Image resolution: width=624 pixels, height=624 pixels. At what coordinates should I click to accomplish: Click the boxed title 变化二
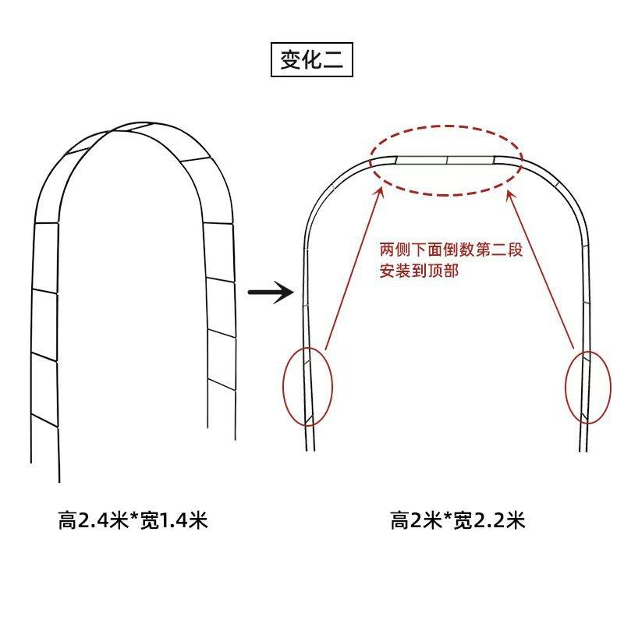pos(312,61)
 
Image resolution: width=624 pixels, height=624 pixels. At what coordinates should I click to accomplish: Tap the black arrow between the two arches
pos(269,293)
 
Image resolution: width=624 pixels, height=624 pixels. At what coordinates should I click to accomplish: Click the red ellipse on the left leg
pos(307,387)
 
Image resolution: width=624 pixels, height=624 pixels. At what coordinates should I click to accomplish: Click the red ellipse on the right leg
pos(585,387)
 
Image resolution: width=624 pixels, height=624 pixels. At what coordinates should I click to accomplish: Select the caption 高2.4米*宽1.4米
pos(133,520)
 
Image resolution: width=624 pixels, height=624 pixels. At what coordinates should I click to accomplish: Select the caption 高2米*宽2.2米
pos(458,520)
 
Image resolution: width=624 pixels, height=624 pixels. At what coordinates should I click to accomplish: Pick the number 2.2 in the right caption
pos(490,520)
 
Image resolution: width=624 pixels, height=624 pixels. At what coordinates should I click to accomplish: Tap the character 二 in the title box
pos(333,61)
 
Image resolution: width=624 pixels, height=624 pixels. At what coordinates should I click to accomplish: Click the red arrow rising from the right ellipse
pos(542,269)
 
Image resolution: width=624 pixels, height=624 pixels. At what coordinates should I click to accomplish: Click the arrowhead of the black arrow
pos(286,293)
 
